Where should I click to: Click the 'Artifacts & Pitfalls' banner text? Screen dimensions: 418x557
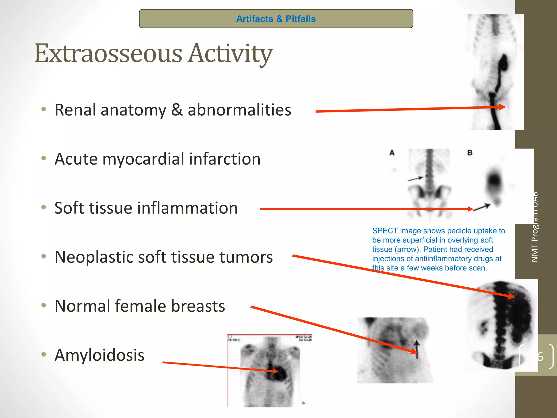click(276, 19)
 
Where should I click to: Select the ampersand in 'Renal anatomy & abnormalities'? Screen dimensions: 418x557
click(177, 110)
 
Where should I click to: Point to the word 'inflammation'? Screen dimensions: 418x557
click(188, 208)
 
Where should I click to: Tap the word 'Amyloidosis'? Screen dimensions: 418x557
click(99, 355)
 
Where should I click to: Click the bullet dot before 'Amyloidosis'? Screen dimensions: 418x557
click(44, 354)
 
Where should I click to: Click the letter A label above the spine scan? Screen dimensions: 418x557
click(392, 153)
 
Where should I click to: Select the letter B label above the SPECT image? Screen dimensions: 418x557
click(470, 153)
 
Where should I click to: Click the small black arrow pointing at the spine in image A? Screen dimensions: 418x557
click(415, 179)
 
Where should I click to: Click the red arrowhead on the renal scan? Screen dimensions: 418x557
click(502, 107)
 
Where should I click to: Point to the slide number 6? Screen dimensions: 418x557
click(540, 357)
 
